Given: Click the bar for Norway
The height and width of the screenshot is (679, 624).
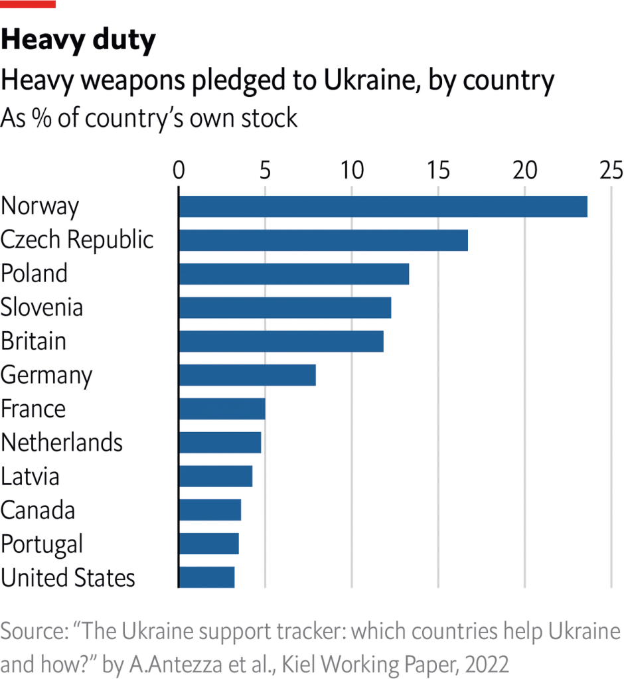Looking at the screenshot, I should click(x=383, y=206).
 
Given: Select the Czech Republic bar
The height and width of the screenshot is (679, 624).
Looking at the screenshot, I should click(x=323, y=240).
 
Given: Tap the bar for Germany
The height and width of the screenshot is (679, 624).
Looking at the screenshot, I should click(x=247, y=375).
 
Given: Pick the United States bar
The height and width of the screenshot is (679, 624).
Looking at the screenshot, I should click(x=206, y=577).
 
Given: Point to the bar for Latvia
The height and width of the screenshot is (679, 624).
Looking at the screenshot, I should click(x=216, y=477).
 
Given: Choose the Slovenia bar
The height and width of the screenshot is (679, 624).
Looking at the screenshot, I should click(x=285, y=308).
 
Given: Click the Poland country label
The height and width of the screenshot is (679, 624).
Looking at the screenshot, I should click(x=35, y=273).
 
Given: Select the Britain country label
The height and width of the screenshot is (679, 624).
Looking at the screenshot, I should click(x=34, y=341).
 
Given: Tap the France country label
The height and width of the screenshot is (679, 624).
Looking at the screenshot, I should click(x=33, y=408).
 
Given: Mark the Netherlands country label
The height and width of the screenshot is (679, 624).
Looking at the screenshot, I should click(x=62, y=442).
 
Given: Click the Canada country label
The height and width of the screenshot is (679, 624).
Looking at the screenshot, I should click(x=38, y=510).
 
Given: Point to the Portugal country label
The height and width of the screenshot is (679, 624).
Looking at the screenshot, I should click(x=42, y=544).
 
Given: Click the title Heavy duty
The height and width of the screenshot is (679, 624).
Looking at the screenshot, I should click(x=78, y=41).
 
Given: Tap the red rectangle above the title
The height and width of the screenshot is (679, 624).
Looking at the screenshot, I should click(x=28, y=4).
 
